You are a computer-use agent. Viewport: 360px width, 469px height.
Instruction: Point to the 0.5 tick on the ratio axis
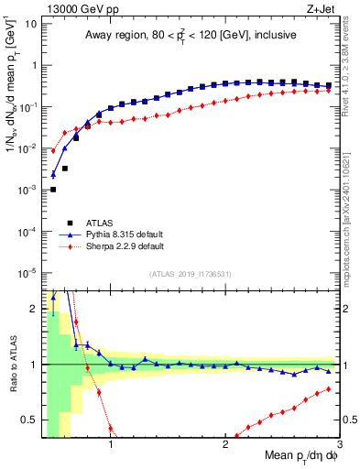click(x=29, y=420)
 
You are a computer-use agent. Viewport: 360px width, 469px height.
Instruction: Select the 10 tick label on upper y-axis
click(x=29, y=23)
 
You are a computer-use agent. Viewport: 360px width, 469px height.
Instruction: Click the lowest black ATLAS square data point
click(x=53, y=190)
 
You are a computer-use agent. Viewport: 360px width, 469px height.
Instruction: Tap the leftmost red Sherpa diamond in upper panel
click(x=53, y=151)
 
